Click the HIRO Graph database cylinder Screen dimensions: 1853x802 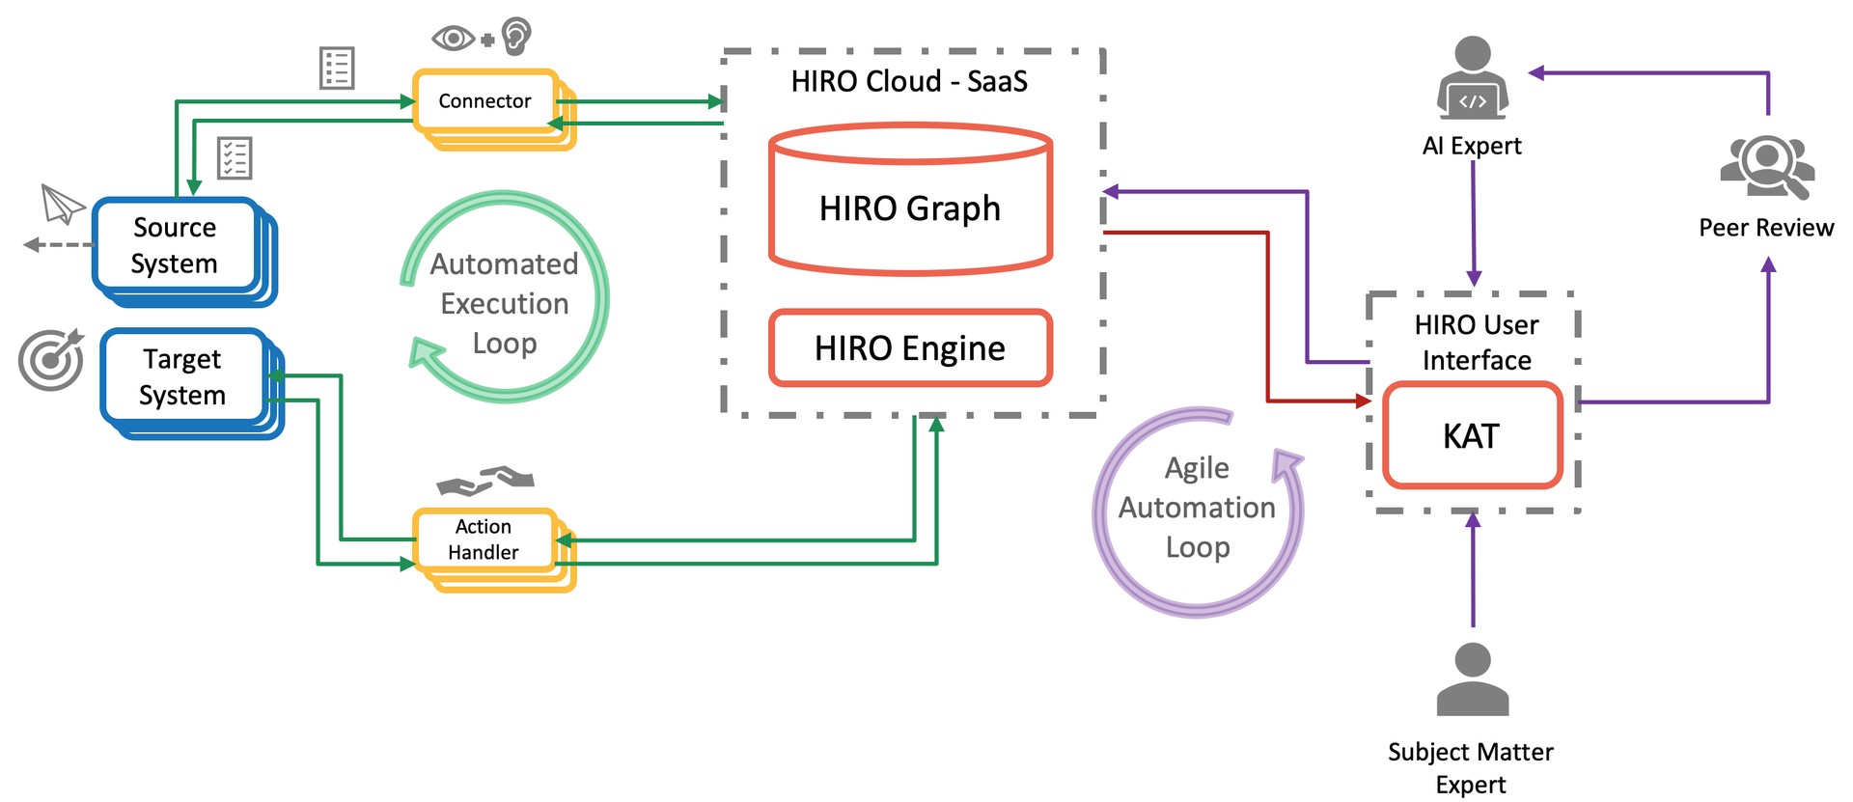click(910, 199)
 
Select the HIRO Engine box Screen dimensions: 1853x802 click(910, 347)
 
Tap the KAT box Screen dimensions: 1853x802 click(1472, 435)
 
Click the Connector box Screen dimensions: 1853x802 click(485, 100)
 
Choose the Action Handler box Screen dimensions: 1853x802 click(484, 539)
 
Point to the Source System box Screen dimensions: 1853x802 click(175, 244)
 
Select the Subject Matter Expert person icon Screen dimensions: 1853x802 click(1472, 679)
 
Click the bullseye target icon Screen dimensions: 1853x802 click(51, 360)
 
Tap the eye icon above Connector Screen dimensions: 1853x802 click(453, 39)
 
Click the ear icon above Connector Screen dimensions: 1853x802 click(516, 36)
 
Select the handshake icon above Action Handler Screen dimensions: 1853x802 click(485, 480)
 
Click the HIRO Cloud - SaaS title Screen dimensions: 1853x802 click(909, 81)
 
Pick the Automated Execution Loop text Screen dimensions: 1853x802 click(504, 303)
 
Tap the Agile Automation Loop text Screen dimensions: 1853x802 click(1197, 507)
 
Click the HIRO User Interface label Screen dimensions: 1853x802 click(1477, 342)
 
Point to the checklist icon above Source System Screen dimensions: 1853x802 click(235, 158)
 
